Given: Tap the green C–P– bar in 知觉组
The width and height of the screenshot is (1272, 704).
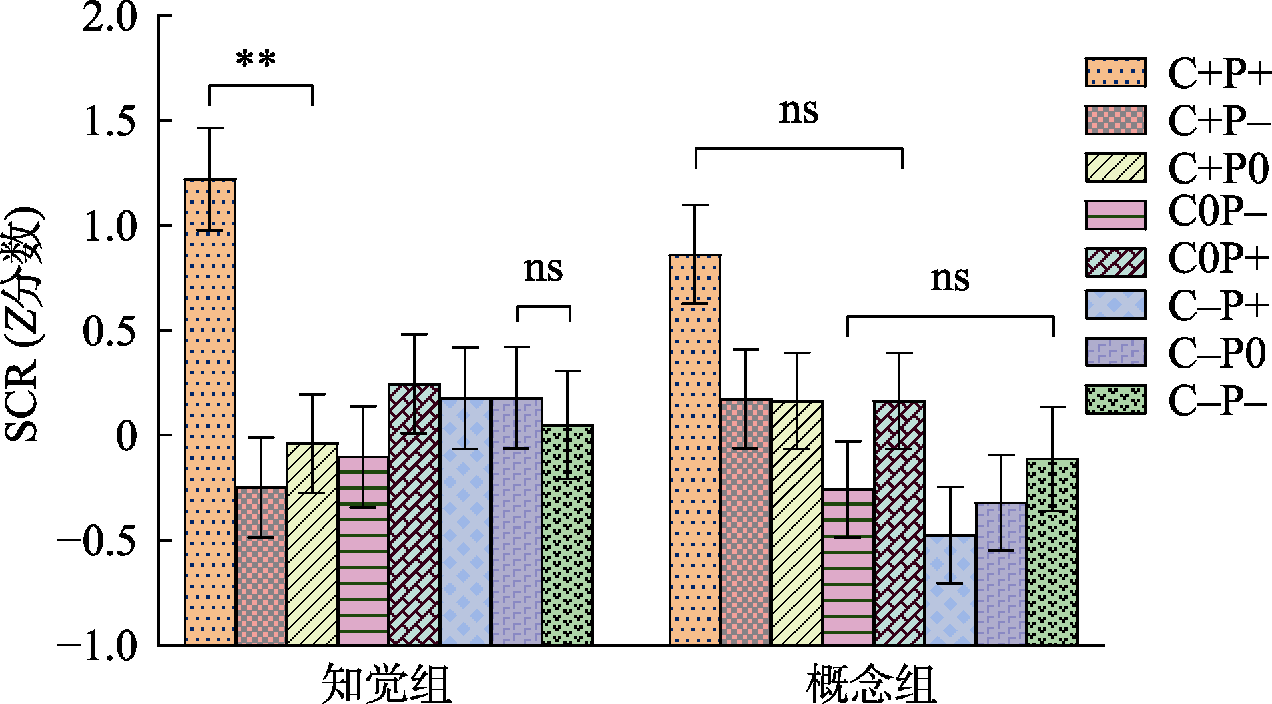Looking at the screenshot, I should [567, 534].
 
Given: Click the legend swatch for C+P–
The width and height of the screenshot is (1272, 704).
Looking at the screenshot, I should [1115, 120].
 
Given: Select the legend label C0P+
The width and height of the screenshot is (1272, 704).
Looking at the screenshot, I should [1218, 259].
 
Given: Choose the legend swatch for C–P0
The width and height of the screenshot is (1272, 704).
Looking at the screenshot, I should [1115, 352].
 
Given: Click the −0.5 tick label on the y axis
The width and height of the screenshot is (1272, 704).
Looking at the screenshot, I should [97, 541].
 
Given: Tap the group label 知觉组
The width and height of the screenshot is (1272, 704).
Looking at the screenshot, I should [387, 683].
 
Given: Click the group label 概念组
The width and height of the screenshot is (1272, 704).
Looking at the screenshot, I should [872, 683].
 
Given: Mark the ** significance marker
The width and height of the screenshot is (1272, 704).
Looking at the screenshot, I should [256, 60].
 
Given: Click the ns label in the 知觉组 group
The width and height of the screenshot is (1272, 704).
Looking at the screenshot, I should [543, 270].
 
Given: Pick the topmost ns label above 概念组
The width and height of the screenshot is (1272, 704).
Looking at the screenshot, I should [798, 111].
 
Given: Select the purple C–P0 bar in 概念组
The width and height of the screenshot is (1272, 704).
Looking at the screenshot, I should [1001, 574].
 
